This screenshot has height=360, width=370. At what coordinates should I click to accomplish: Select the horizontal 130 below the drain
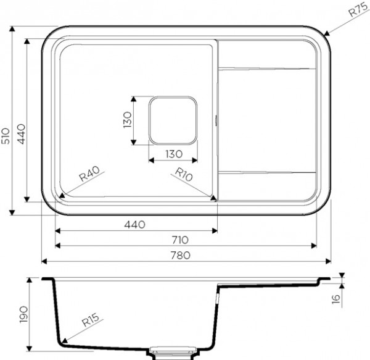(172, 154)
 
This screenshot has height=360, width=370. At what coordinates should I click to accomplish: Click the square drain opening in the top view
(173, 120)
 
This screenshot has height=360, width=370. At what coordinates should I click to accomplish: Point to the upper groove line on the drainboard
(266, 68)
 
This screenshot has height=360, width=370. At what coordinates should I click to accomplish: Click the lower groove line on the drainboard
(266, 171)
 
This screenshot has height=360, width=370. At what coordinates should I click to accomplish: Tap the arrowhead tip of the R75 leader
(324, 34)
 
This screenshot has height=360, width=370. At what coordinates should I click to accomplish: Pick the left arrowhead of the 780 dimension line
(43, 262)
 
